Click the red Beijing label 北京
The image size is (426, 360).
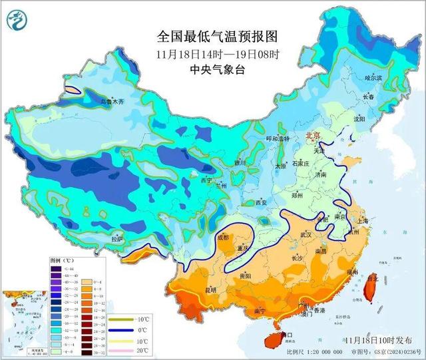(312, 135)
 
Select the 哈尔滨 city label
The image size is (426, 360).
(374, 78)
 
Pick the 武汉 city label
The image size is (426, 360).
(307, 234)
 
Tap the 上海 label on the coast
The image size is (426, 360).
(363, 220)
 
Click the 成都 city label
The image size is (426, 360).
(222, 237)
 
